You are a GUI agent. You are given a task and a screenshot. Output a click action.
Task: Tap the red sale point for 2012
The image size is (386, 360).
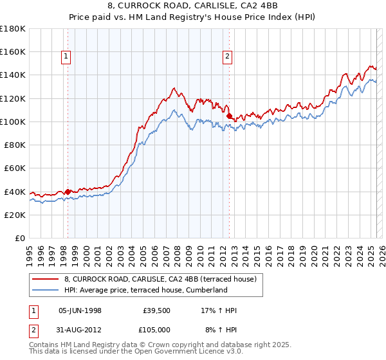[x=230, y=116]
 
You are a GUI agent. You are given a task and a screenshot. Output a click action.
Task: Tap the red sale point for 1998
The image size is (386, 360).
[x=68, y=192]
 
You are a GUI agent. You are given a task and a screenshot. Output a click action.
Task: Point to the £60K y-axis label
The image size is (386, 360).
[x=15, y=168]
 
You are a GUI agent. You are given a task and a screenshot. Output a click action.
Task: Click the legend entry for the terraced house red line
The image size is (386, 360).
[x=160, y=279]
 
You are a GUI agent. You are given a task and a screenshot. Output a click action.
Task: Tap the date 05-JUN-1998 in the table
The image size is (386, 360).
[x=80, y=310]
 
